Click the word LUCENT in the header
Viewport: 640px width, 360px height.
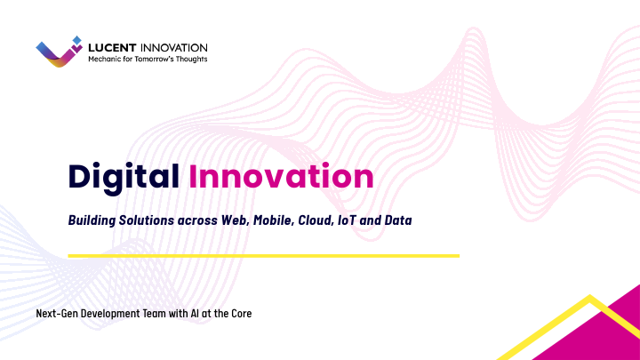[112, 47]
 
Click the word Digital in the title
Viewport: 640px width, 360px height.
[124, 176]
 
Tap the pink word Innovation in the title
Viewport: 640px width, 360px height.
[281, 176]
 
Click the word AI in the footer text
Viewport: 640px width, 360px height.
[196, 314]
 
